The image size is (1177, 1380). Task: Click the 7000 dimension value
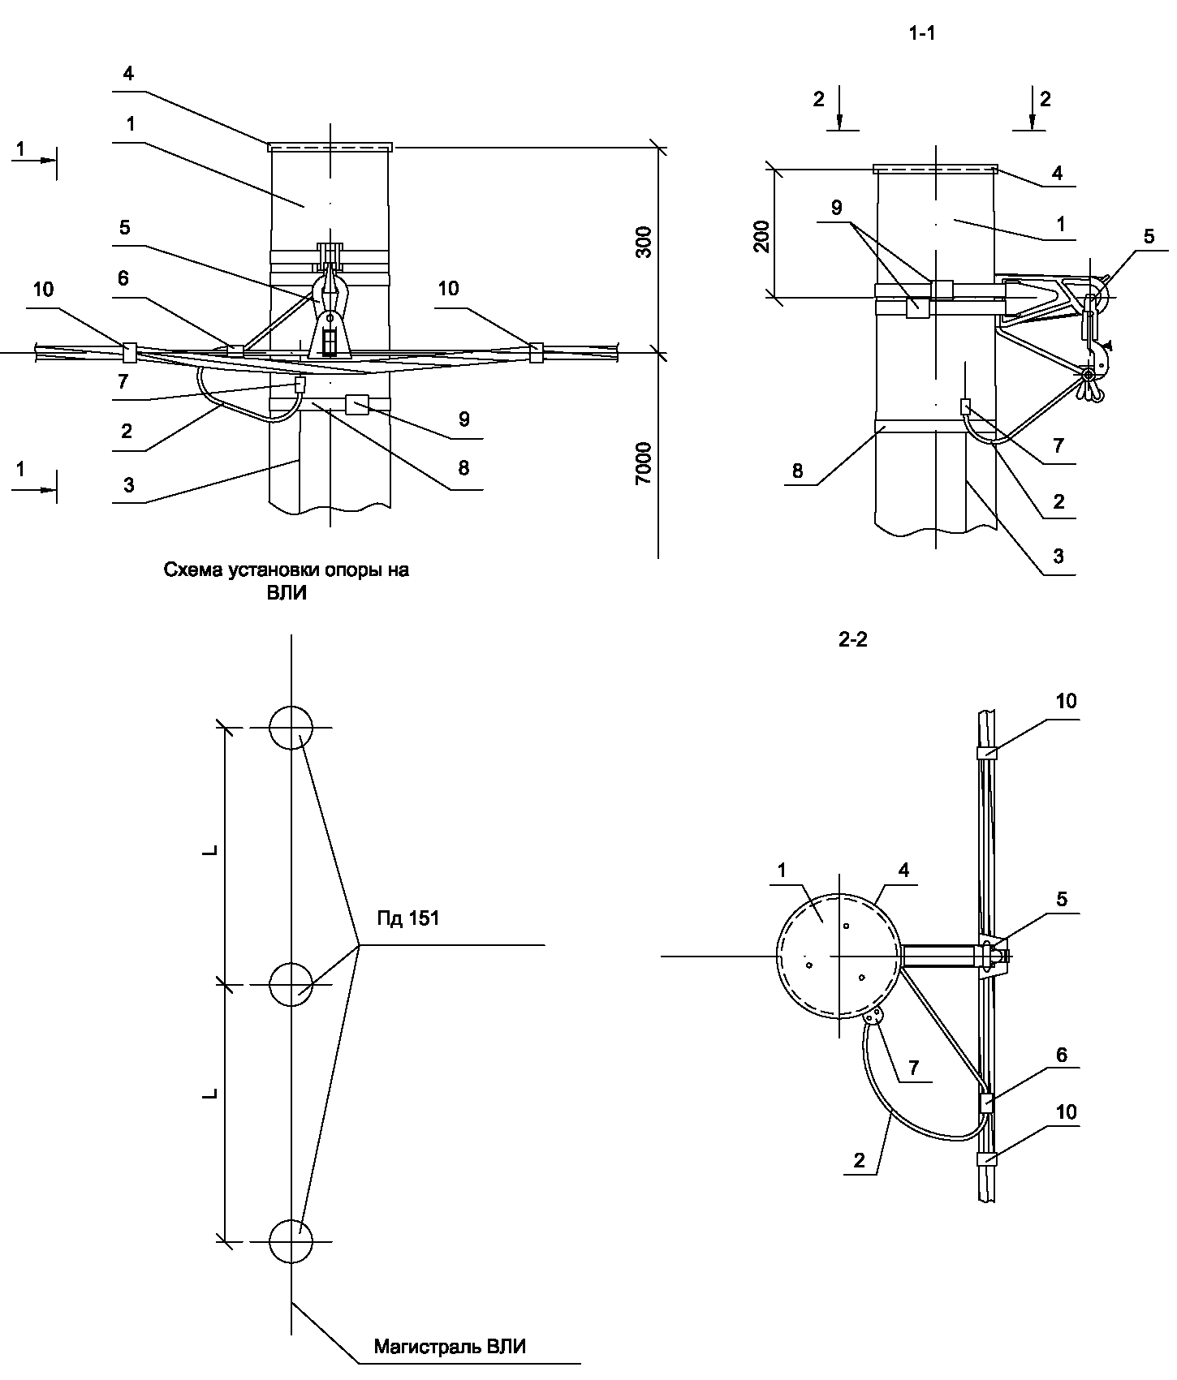pos(643,463)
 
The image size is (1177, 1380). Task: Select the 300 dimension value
pos(643,243)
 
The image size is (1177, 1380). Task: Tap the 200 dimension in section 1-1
pos(762,236)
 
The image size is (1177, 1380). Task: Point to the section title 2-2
pos(852,640)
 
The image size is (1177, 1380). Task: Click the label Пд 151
pos(408,918)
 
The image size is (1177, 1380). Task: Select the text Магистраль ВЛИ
pos(450,1348)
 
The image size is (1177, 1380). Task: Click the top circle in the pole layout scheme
pos(291,727)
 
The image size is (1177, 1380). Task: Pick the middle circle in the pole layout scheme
pos(291,985)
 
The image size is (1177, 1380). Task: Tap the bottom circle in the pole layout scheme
pos(291,1242)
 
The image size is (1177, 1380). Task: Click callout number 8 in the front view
pos(463,468)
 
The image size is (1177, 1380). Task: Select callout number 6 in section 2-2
pos(1062,1055)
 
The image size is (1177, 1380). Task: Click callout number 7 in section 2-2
pos(913,1068)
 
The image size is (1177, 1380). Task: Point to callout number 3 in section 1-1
pos(1058,557)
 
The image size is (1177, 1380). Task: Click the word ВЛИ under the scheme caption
pos(286,593)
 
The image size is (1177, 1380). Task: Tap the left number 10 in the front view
pos(44,289)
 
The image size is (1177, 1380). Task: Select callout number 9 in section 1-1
pos(837,208)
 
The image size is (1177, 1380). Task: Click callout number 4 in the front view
pos(128,74)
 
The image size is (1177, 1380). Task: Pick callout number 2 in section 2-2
pos(860,1160)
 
